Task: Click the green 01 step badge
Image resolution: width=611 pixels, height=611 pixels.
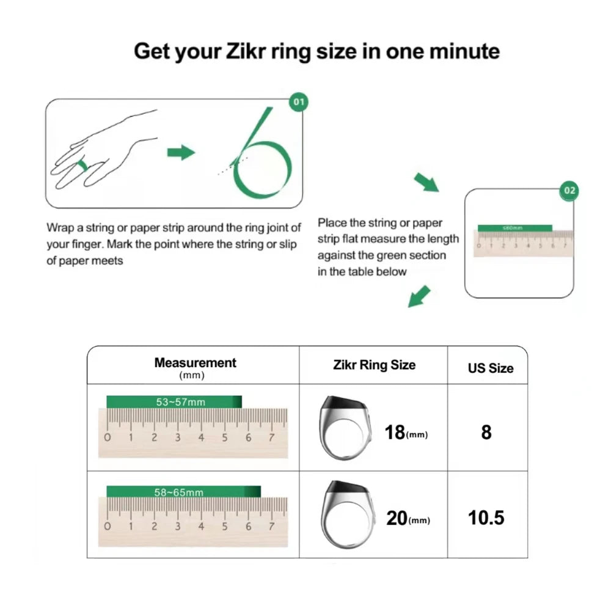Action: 298,102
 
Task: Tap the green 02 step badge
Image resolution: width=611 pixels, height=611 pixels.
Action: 569,191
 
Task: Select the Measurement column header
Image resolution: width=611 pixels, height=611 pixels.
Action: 195,363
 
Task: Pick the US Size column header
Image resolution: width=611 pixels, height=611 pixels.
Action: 490,368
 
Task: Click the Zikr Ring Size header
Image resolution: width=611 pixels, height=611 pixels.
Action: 374,365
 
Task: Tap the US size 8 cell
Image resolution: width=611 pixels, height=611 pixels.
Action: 486,432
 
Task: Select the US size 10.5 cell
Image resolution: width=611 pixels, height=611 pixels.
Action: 486,518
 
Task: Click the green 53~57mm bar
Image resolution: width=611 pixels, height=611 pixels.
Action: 174,401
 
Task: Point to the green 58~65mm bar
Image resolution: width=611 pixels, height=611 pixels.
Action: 183,492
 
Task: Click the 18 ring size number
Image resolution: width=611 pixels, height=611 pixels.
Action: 395,433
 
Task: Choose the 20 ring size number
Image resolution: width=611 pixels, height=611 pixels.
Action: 397,519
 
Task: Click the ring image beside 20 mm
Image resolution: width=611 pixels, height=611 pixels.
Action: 346,513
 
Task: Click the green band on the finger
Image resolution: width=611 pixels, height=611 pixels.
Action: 82,165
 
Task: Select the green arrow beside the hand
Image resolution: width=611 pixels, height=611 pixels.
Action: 181,152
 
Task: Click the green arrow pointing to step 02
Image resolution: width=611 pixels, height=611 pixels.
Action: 426,182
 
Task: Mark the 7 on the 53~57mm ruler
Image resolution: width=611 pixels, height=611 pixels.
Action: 272,437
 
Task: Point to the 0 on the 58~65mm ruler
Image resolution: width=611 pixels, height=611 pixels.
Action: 108,526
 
